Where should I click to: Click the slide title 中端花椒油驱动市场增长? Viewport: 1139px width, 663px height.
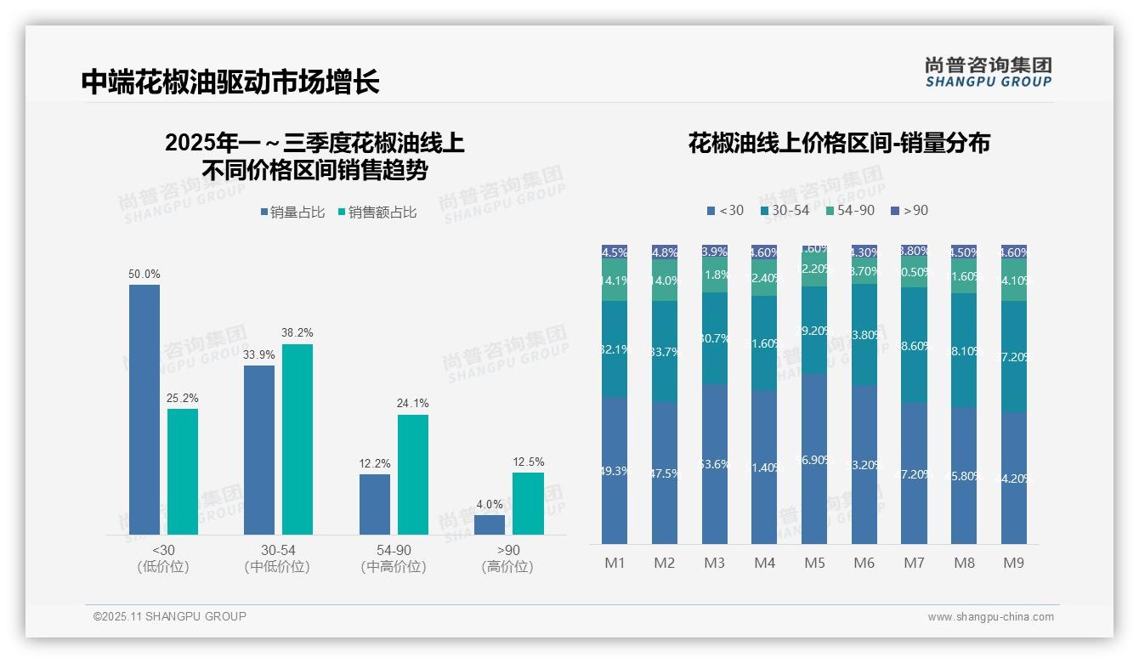click(x=230, y=82)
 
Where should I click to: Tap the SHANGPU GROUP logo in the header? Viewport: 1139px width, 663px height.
click(x=989, y=71)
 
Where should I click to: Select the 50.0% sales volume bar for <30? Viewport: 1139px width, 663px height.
click(x=144, y=409)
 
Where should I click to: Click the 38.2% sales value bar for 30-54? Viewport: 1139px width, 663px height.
click(x=297, y=439)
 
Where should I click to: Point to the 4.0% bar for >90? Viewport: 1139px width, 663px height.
click(x=490, y=524)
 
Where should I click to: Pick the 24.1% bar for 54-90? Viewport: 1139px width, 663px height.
click(x=413, y=474)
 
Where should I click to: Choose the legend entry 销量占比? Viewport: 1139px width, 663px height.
click(x=292, y=212)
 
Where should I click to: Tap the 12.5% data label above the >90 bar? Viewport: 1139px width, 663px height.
click(x=528, y=462)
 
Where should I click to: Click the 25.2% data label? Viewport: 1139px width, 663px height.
click(x=183, y=398)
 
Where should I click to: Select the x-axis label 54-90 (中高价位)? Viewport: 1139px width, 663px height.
click(x=393, y=558)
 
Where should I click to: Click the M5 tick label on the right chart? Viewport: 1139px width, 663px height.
click(x=814, y=563)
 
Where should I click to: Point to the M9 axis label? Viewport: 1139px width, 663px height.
click(x=1013, y=563)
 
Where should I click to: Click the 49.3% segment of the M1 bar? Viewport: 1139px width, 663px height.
click(x=615, y=470)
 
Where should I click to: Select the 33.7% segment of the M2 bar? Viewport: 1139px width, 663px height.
click(x=665, y=351)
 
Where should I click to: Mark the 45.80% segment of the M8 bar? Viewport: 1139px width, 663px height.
click(x=964, y=475)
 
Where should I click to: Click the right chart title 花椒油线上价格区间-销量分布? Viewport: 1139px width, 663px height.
click(x=839, y=143)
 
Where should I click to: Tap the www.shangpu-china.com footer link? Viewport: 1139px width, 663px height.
click(x=990, y=617)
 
